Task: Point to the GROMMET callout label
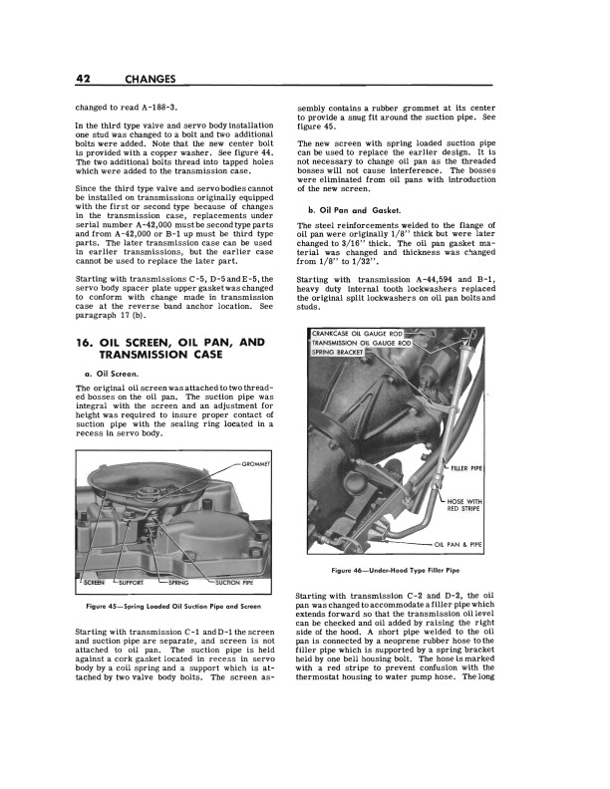[262, 463]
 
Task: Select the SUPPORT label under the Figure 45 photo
[133, 582]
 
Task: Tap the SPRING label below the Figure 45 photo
[179, 582]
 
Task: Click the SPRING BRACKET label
[338, 352]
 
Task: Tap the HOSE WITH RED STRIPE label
[465, 504]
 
